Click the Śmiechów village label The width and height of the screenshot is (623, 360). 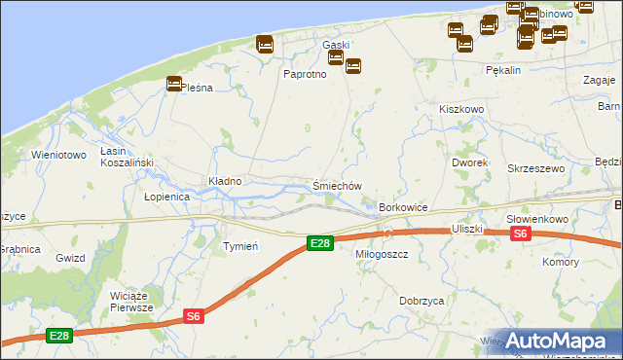click(338, 186)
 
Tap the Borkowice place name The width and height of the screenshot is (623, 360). click(404, 208)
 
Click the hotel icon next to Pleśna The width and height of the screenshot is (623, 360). click(174, 84)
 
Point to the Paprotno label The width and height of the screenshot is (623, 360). click(304, 74)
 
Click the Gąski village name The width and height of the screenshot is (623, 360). click(336, 45)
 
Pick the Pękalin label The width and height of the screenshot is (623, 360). click(503, 71)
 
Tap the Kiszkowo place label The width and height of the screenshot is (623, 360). click(461, 110)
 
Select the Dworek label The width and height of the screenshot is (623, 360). click(469, 162)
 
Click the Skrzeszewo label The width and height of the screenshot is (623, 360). click(535, 168)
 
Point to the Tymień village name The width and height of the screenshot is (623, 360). click(239, 246)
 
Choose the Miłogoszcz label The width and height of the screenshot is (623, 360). click(381, 253)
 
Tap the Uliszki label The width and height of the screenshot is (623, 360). click(467, 228)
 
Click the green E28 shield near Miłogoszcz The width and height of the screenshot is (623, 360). click(319, 243)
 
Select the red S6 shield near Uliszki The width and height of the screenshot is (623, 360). click(521, 234)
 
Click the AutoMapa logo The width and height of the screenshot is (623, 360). click(558, 341)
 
